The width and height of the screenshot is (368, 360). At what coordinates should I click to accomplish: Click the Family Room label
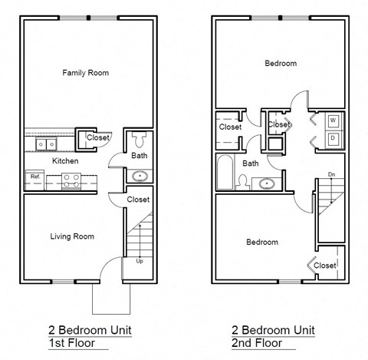[x=85, y=73]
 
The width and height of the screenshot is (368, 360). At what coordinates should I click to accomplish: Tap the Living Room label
[x=72, y=236]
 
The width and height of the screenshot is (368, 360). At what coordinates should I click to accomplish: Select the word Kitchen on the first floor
[x=64, y=162]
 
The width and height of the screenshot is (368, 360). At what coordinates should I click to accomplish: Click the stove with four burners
[x=71, y=180]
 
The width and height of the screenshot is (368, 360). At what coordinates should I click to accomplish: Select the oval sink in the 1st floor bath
[x=139, y=176]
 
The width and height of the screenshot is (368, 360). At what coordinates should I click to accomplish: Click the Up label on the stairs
[x=139, y=261]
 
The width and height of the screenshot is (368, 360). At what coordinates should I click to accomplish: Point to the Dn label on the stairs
[x=331, y=174]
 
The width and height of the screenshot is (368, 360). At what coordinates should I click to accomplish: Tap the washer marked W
[x=333, y=121]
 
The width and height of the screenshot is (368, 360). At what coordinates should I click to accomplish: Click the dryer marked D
[x=333, y=139]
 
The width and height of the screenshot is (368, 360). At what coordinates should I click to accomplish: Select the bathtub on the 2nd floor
[x=225, y=173]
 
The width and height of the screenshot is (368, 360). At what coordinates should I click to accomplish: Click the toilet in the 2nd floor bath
[x=242, y=182]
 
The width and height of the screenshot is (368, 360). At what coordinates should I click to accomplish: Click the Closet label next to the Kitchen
[x=97, y=138]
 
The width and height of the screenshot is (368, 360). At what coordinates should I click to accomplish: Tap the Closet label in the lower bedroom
[x=325, y=266]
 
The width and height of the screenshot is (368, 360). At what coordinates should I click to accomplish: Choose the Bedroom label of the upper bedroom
[x=280, y=64]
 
